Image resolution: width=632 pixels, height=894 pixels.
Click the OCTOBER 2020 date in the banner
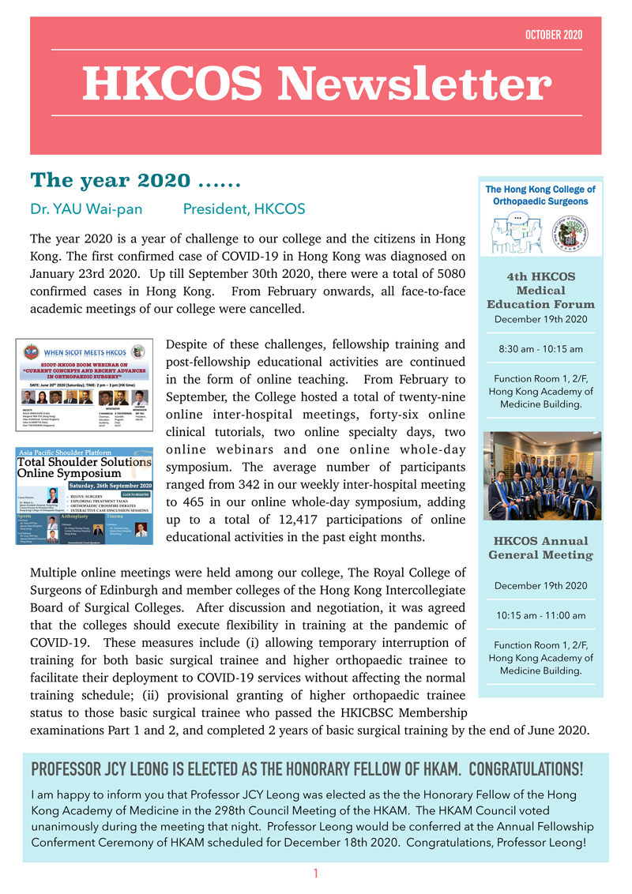coord(553,35)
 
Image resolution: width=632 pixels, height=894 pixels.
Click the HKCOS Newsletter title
coord(316,83)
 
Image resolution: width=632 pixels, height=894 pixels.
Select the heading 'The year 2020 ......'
coord(135,180)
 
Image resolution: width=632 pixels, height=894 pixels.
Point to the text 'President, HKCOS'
coord(239,210)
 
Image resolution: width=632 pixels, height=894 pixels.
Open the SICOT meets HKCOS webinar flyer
coord(84,386)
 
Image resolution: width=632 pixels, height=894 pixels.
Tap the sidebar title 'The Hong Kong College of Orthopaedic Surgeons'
coord(540,195)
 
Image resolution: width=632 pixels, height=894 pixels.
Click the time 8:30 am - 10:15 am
coord(540,349)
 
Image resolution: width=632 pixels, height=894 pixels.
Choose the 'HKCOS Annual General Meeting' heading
coord(540,547)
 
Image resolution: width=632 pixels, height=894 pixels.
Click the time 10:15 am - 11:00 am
coord(540,615)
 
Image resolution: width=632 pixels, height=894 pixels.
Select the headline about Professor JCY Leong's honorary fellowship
coord(307,769)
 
